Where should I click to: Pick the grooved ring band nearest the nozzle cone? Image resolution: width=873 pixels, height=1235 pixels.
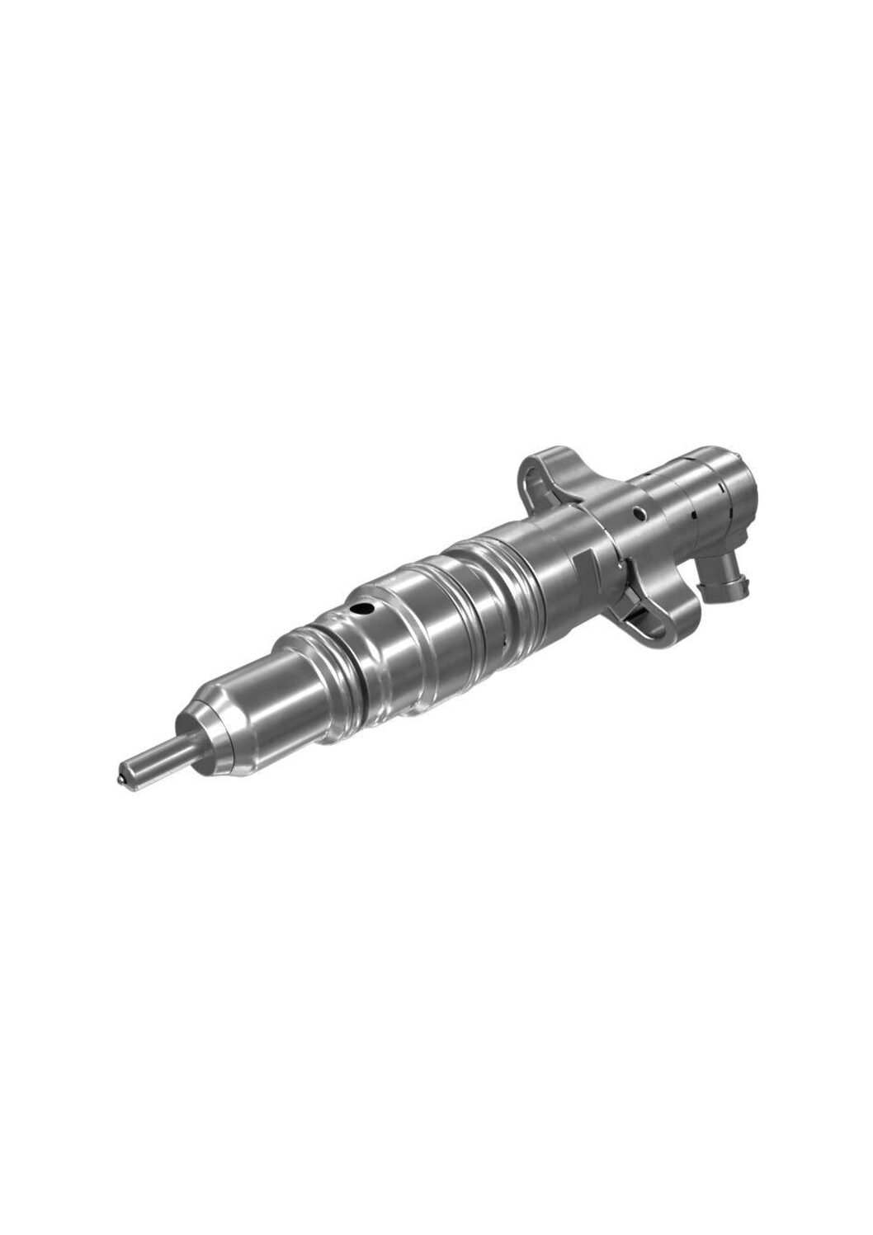(318, 652)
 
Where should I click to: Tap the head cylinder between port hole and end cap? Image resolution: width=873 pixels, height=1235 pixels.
(677, 503)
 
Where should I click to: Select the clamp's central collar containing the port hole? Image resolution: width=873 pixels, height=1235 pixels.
(627, 536)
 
